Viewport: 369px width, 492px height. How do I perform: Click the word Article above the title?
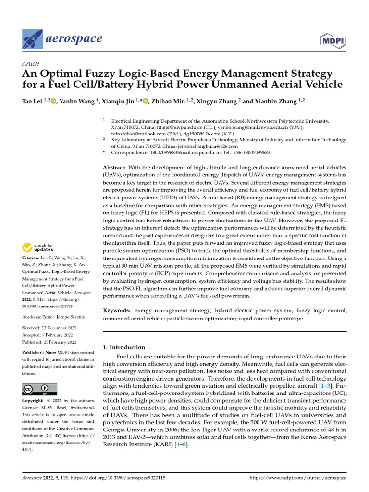click(x=31, y=64)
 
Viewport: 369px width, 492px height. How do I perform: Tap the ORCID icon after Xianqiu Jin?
click(x=146, y=101)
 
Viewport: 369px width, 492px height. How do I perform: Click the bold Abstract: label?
click(x=116, y=167)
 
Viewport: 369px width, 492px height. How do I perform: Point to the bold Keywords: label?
click(x=118, y=311)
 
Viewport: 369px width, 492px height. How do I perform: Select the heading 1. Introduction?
click(x=124, y=347)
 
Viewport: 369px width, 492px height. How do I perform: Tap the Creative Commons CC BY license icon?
click(x=39, y=389)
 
